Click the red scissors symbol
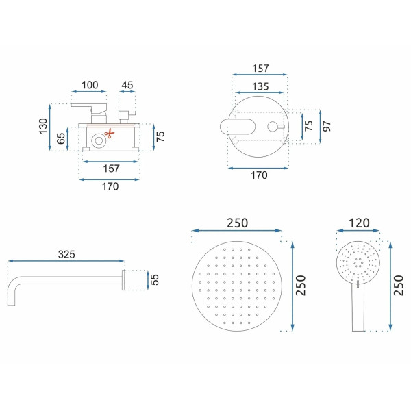click(110, 134)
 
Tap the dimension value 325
click(66, 254)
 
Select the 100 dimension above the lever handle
click(90, 85)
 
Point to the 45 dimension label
click(127, 85)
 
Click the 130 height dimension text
click(43, 126)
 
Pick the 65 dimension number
click(60, 138)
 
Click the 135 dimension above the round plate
click(260, 86)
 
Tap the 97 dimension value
click(327, 126)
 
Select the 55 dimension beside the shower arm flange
click(155, 279)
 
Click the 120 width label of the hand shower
click(359, 223)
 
